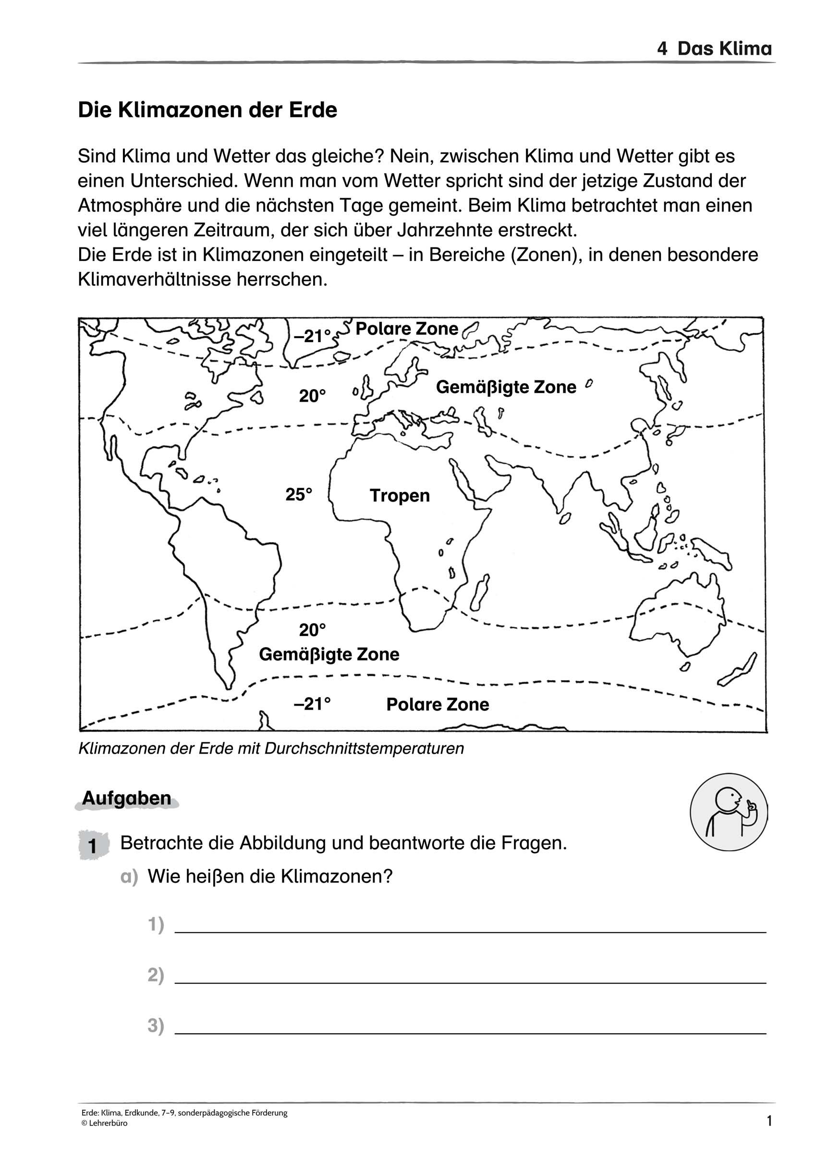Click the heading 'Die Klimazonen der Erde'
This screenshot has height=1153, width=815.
point(207,110)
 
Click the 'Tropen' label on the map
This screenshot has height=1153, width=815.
point(400,496)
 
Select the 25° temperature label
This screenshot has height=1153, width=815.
point(299,495)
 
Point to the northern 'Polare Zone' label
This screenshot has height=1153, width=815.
point(407,329)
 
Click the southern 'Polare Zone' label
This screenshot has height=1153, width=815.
point(438,705)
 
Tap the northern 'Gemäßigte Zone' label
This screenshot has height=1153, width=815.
point(506,387)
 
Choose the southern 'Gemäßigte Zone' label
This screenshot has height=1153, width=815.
point(329,654)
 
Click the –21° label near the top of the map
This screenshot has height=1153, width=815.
point(312,336)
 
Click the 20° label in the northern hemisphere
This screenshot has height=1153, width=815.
point(312,396)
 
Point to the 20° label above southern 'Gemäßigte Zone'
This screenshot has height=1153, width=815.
point(312,630)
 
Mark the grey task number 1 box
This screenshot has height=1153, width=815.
point(93,846)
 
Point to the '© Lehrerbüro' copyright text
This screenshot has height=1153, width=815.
point(104,1123)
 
